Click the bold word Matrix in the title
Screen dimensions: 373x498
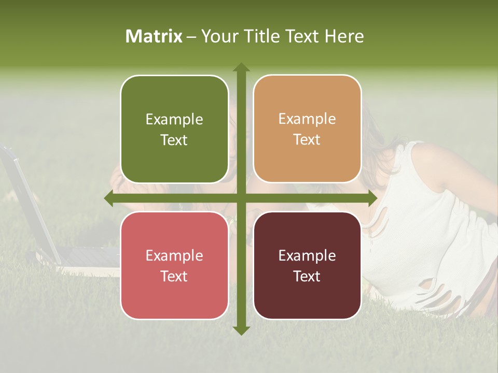[154, 36]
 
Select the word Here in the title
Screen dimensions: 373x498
[344, 36]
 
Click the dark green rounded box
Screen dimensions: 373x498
[174, 130]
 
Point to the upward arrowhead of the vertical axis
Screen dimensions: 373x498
[241, 67]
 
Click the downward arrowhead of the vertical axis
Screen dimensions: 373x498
[241, 329]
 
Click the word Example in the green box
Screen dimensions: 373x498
[174, 120]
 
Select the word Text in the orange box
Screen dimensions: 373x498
[307, 140]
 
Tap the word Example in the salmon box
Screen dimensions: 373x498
[174, 255]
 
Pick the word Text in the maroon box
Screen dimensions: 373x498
[307, 276]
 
